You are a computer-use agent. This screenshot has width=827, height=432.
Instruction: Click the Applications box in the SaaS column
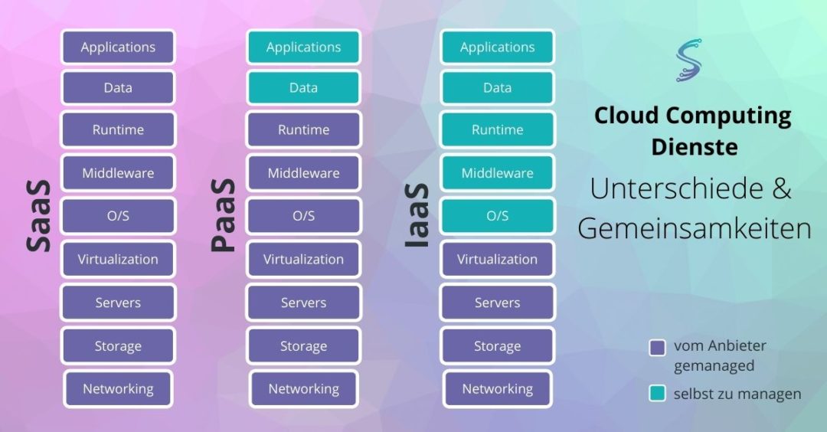point(118,47)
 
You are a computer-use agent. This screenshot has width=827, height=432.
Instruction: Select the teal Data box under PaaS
point(303,87)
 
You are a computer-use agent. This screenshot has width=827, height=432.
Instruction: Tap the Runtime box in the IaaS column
point(497,129)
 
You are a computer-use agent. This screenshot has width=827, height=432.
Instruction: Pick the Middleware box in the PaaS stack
point(303,173)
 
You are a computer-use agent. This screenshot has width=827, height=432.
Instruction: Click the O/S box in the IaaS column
point(497,216)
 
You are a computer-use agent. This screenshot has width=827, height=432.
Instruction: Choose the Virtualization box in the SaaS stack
point(118,259)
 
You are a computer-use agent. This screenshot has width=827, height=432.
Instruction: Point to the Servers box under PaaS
point(303,303)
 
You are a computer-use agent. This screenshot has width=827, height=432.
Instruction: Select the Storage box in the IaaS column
point(497,346)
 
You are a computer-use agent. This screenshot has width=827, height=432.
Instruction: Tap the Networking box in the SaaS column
point(118,388)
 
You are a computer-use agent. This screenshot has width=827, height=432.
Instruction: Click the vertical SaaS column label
point(38,216)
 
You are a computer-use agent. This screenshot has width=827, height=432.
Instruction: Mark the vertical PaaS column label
point(223,216)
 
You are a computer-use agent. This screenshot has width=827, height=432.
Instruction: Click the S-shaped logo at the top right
point(688,59)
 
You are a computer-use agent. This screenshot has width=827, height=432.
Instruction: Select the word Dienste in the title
point(694,146)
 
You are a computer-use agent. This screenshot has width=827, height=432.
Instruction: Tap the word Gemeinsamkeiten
point(694,227)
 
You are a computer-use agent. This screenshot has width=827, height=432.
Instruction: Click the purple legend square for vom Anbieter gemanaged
point(657,348)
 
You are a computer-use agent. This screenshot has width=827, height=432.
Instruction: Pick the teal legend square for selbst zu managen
point(657,394)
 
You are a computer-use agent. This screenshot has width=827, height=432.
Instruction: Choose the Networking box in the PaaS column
point(303,388)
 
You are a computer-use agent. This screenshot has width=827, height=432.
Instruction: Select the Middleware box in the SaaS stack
point(118,173)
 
